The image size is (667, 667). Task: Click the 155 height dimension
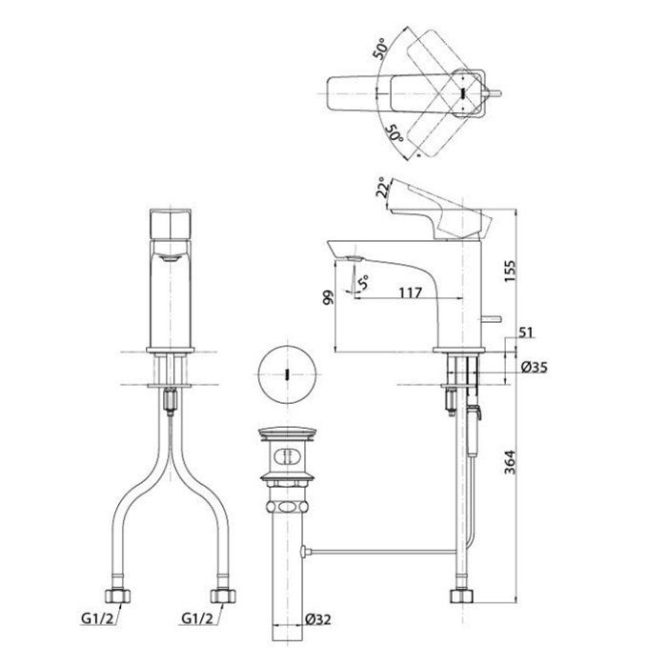[510, 271]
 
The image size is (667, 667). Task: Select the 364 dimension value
[510, 462]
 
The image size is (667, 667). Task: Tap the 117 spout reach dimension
[411, 293]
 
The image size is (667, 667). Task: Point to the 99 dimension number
[329, 297]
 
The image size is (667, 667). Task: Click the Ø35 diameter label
[534, 367]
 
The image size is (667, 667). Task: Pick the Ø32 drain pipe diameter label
[317, 619]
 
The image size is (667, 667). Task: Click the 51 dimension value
[526, 332]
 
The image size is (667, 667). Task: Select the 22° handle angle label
[383, 188]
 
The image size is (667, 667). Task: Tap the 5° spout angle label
[363, 282]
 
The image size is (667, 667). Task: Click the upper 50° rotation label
[380, 49]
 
